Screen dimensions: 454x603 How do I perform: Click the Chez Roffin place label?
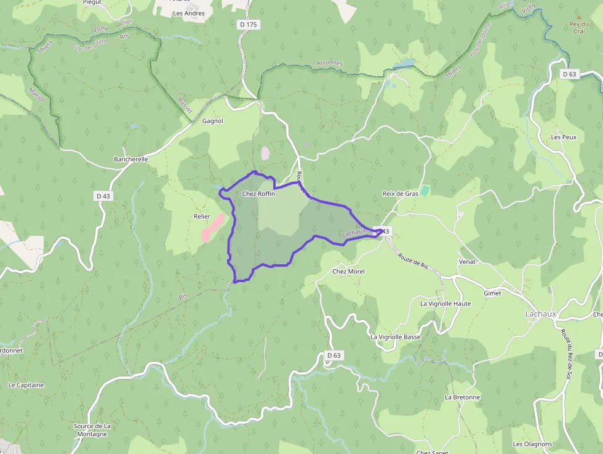[258, 193]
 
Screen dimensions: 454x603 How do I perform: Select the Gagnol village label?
[213, 121]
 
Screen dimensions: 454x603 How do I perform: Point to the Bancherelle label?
[131, 159]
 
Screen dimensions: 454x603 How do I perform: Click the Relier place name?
[202, 216]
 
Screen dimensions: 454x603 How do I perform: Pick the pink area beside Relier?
[212, 228]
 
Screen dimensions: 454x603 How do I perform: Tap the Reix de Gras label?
[400, 193]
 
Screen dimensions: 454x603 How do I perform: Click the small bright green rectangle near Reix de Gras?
[425, 191]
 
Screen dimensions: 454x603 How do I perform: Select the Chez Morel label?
[348, 271]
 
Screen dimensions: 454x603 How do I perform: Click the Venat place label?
[467, 261]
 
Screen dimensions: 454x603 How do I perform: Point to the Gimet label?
[492, 293]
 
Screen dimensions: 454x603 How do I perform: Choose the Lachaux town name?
[540, 314]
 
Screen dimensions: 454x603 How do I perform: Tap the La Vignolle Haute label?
[445, 304]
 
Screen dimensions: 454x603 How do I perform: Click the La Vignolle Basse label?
[396, 337]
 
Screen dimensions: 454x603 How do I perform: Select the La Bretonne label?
[462, 397]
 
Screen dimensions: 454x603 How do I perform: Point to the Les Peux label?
[564, 137]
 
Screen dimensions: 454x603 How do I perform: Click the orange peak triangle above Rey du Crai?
[578, 17]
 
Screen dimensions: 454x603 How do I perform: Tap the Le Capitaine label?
[26, 385]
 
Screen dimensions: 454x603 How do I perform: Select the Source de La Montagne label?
[92, 430]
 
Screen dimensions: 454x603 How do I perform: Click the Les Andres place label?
[188, 13]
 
